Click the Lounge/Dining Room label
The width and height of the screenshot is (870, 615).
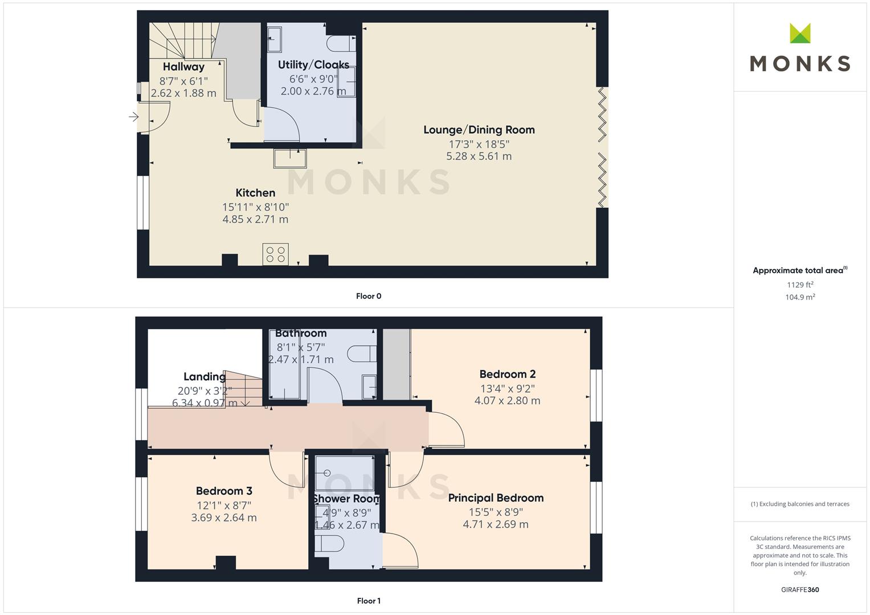[x=479, y=130]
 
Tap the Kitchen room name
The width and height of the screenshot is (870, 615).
[x=255, y=192]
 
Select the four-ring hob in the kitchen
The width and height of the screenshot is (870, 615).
[x=275, y=255]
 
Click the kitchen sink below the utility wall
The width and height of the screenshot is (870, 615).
[x=290, y=158]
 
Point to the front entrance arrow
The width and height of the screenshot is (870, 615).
[x=134, y=117]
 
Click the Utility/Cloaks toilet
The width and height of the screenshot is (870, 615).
[x=341, y=43]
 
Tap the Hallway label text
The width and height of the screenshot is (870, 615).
[x=183, y=67]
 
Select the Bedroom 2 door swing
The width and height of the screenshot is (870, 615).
[x=446, y=429]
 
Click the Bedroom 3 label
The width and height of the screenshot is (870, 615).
[x=224, y=491]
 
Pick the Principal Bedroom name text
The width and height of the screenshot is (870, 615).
[x=496, y=498]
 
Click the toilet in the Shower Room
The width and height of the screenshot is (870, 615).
[x=329, y=544]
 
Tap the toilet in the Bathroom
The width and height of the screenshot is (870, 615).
[x=362, y=354]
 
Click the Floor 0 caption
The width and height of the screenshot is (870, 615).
[x=369, y=296]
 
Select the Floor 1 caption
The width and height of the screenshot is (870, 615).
[x=369, y=601]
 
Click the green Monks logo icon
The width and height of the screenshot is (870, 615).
[x=800, y=33]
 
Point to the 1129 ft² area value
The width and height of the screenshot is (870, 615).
[x=800, y=285]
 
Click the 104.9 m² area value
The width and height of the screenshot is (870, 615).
[x=800, y=297]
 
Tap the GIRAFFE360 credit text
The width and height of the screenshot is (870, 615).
[x=800, y=589]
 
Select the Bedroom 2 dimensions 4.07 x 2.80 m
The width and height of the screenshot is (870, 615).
[x=507, y=400]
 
